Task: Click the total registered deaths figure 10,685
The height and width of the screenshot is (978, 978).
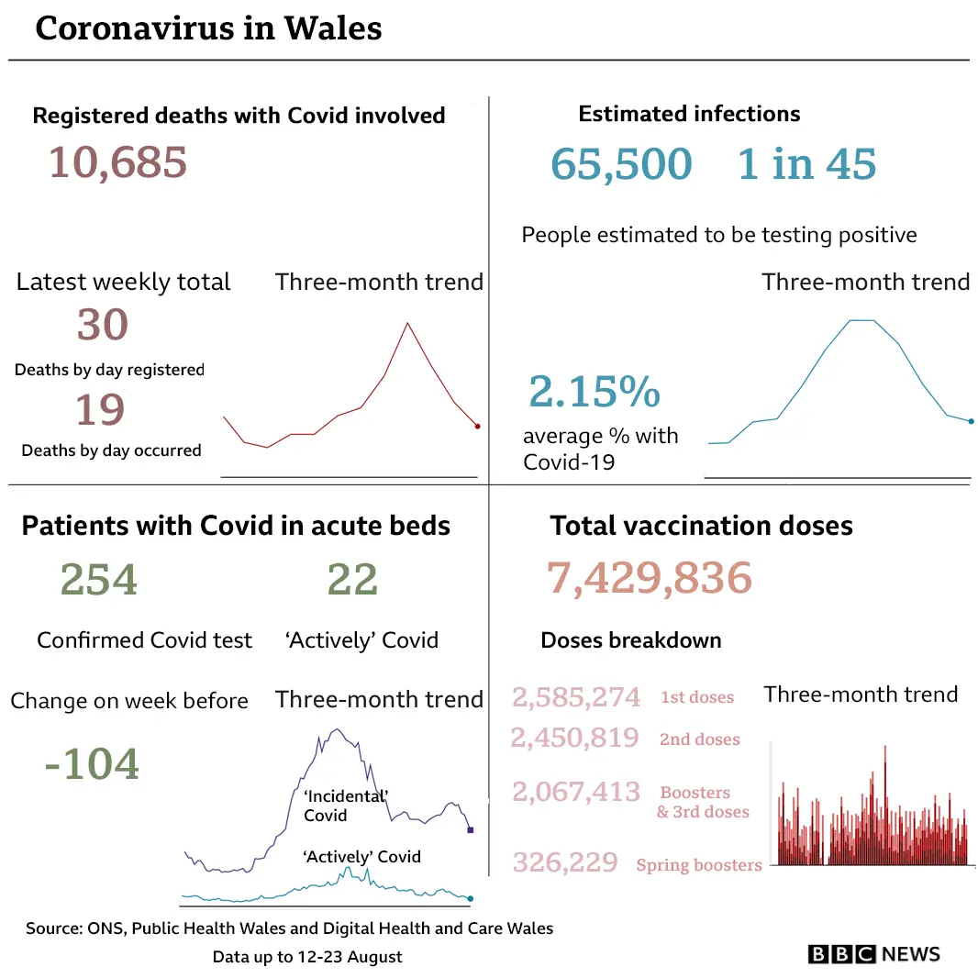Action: pyautogui.click(x=117, y=163)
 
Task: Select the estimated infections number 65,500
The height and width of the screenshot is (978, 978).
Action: pyautogui.click(x=621, y=164)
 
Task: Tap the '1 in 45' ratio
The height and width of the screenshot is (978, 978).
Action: pyautogui.click(x=806, y=164)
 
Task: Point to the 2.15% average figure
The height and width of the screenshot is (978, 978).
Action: pyautogui.click(x=594, y=392)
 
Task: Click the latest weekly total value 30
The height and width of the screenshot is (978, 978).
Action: pyautogui.click(x=102, y=325)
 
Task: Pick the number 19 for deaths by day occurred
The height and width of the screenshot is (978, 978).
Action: pyautogui.click(x=99, y=410)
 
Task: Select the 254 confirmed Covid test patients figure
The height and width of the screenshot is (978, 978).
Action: pyautogui.click(x=98, y=580)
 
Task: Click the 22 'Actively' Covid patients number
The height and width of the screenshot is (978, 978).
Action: pyautogui.click(x=352, y=580)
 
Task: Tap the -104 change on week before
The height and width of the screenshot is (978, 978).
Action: pyautogui.click(x=92, y=763)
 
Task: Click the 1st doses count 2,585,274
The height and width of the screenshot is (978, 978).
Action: pyautogui.click(x=576, y=697)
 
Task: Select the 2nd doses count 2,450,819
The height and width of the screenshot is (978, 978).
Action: pyautogui.click(x=574, y=738)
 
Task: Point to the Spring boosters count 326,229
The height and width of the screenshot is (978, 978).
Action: pyautogui.click(x=565, y=862)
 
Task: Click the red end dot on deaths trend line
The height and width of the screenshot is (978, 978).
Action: pyautogui.click(x=477, y=426)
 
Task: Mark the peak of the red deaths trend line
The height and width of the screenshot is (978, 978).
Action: pyautogui.click(x=406, y=323)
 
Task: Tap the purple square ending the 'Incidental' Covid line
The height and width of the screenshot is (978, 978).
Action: pyautogui.click(x=471, y=830)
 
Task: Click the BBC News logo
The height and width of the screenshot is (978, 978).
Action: pyautogui.click(x=873, y=954)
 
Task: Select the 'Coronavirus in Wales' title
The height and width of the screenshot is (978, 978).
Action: pyautogui.click(x=208, y=28)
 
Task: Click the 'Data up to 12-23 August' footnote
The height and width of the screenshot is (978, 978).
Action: pyautogui.click(x=307, y=957)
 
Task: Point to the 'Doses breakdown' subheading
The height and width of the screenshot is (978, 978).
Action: pyautogui.click(x=630, y=640)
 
